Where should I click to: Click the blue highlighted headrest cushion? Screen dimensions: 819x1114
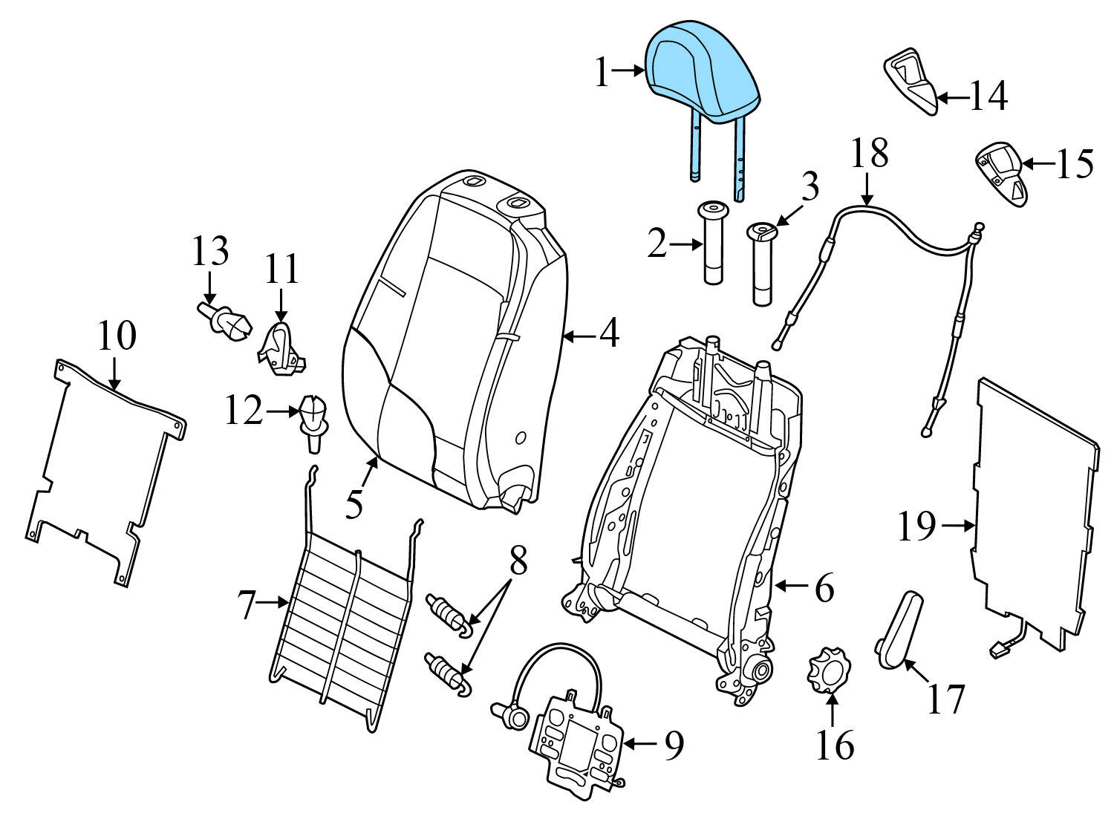pos(702,71)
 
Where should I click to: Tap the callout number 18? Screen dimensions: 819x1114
pos(868,154)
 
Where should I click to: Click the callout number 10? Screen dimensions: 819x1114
pos(117,336)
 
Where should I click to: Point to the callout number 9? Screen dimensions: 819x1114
pos(673,746)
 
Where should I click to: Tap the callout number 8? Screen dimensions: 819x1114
pos(518,562)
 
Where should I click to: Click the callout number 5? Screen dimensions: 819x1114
pos(355,504)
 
